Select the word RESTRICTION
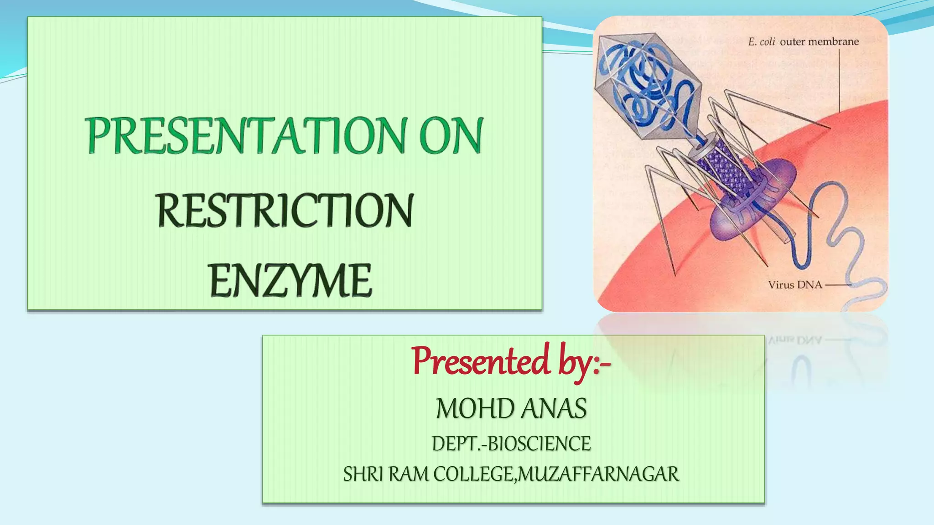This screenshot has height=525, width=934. [x=285, y=210]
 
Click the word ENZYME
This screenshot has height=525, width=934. [x=291, y=281]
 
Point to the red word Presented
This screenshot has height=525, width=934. [x=481, y=361]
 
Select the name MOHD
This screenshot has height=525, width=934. [x=475, y=408]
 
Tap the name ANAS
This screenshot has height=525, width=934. [x=554, y=408]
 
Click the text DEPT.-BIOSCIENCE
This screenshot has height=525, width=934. [x=511, y=444]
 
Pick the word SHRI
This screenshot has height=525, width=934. [x=363, y=474]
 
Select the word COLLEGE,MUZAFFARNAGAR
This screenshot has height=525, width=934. [x=556, y=474]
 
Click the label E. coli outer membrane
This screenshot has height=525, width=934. [x=803, y=42]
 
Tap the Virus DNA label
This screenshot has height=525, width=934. [x=795, y=285]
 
